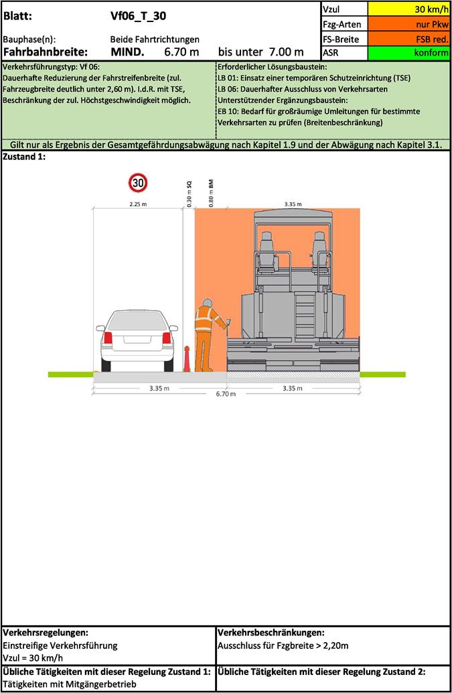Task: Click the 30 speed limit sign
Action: (x=139, y=183)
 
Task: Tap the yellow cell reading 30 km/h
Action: (x=408, y=9)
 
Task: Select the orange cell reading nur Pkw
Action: (x=408, y=24)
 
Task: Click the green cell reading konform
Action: (x=408, y=53)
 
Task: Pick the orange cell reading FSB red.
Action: (x=408, y=39)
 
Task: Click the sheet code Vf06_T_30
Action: (x=139, y=16)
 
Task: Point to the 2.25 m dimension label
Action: (x=138, y=204)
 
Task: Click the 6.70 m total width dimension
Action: (x=226, y=394)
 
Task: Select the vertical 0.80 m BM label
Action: (x=211, y=193)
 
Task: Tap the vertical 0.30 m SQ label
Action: (x=189, y=194)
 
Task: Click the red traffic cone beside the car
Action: (x=187, y=358)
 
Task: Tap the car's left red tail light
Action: (x=108, y=337)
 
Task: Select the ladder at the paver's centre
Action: (x=305, y=314)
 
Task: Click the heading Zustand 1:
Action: (x=24, y=157)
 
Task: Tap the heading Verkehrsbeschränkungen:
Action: (x=271, y=633)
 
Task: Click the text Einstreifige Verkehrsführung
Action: (x=60, y=645)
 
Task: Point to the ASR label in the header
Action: (x=331, y=53)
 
